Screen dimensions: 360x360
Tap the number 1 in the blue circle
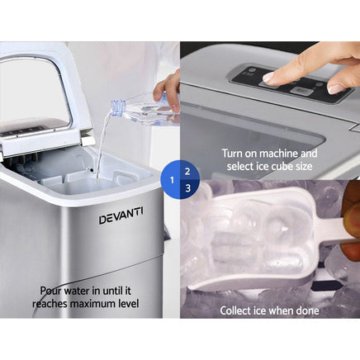coord(172,179)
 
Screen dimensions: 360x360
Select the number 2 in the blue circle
coord(187,172)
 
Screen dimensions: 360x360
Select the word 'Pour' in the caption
coord(52,291)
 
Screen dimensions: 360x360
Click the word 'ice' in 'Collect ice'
coord(265,310)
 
